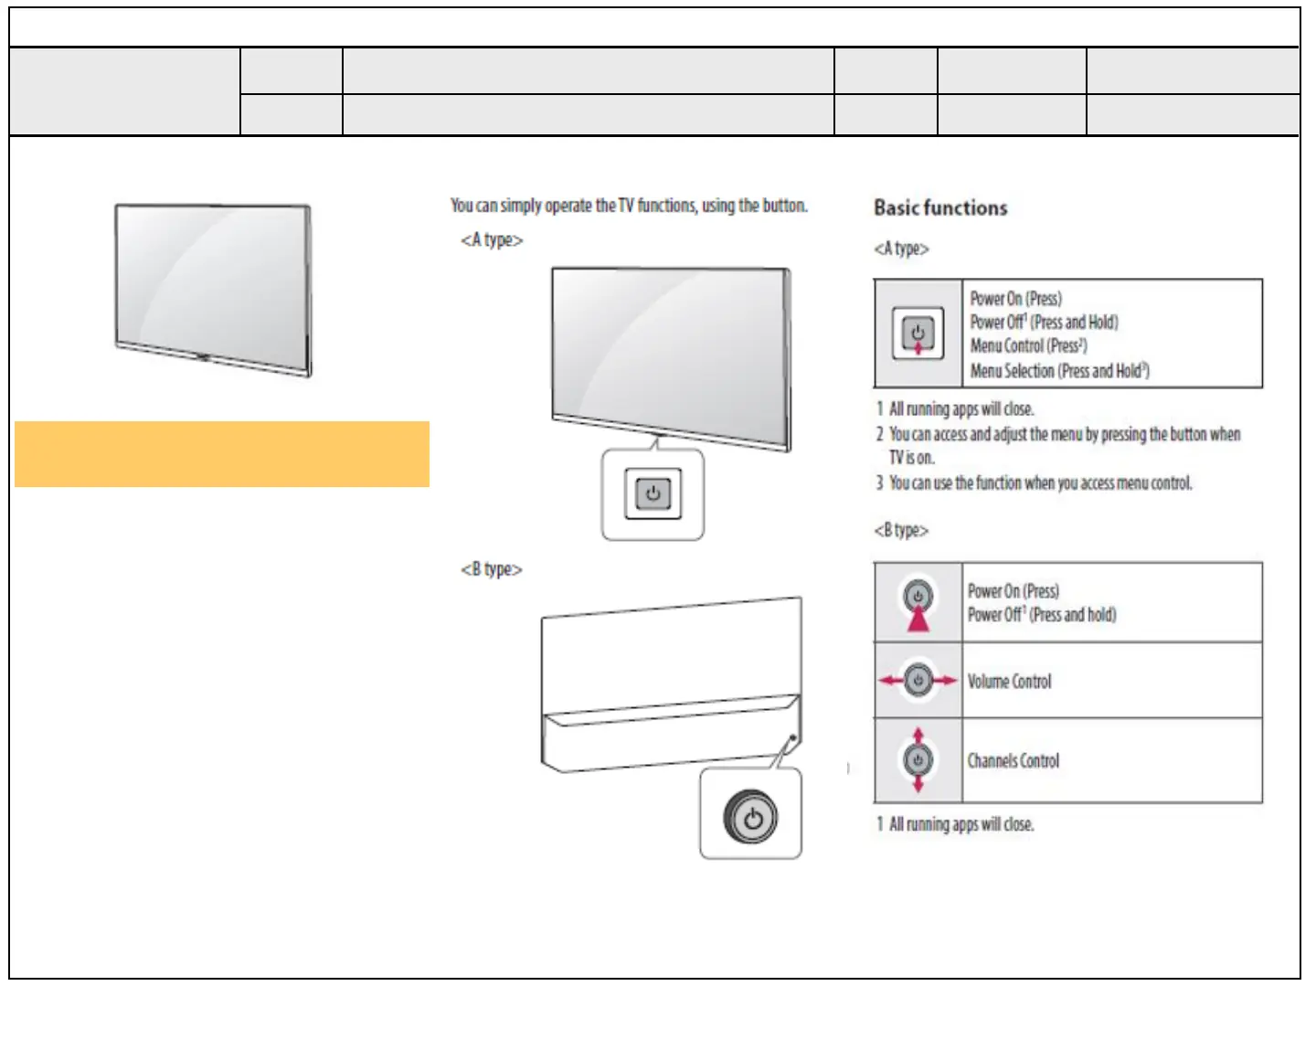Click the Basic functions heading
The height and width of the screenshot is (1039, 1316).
[x=940, y=208]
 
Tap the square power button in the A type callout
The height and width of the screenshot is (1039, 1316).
[x=653, y=494]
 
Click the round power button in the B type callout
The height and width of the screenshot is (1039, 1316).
[x=751, y=817]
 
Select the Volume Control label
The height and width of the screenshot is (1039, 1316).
[x=1010, y=682]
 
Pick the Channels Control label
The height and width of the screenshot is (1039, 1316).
[x=1014, y=761]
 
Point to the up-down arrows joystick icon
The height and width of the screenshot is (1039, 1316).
[x=918, y=760]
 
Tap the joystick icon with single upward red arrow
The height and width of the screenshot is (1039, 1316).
[x=918, y=603]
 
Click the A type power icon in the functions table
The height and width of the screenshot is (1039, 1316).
[x=918, y=334]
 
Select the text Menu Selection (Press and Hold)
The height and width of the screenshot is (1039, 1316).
[x=1059, y=371]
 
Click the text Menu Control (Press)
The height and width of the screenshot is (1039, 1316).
[x=1028, y=346]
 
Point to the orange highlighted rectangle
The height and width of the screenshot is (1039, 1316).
[x=222, y=454]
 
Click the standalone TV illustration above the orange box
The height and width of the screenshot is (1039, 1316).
[x=214, y=289]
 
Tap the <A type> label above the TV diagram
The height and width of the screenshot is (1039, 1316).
[x=492, y=240]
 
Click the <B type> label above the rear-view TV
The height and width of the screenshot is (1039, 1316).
[x=492, y=570]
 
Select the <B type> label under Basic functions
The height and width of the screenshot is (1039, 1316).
[x=901, y=531]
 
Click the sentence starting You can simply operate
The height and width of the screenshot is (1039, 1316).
[x=629, y=207]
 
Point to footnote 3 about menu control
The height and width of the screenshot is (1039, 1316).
[x=1035, y=483]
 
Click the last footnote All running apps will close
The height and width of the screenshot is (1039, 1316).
[x=956, y=824]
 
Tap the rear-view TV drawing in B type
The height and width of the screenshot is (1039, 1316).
[x=670, y=685]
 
